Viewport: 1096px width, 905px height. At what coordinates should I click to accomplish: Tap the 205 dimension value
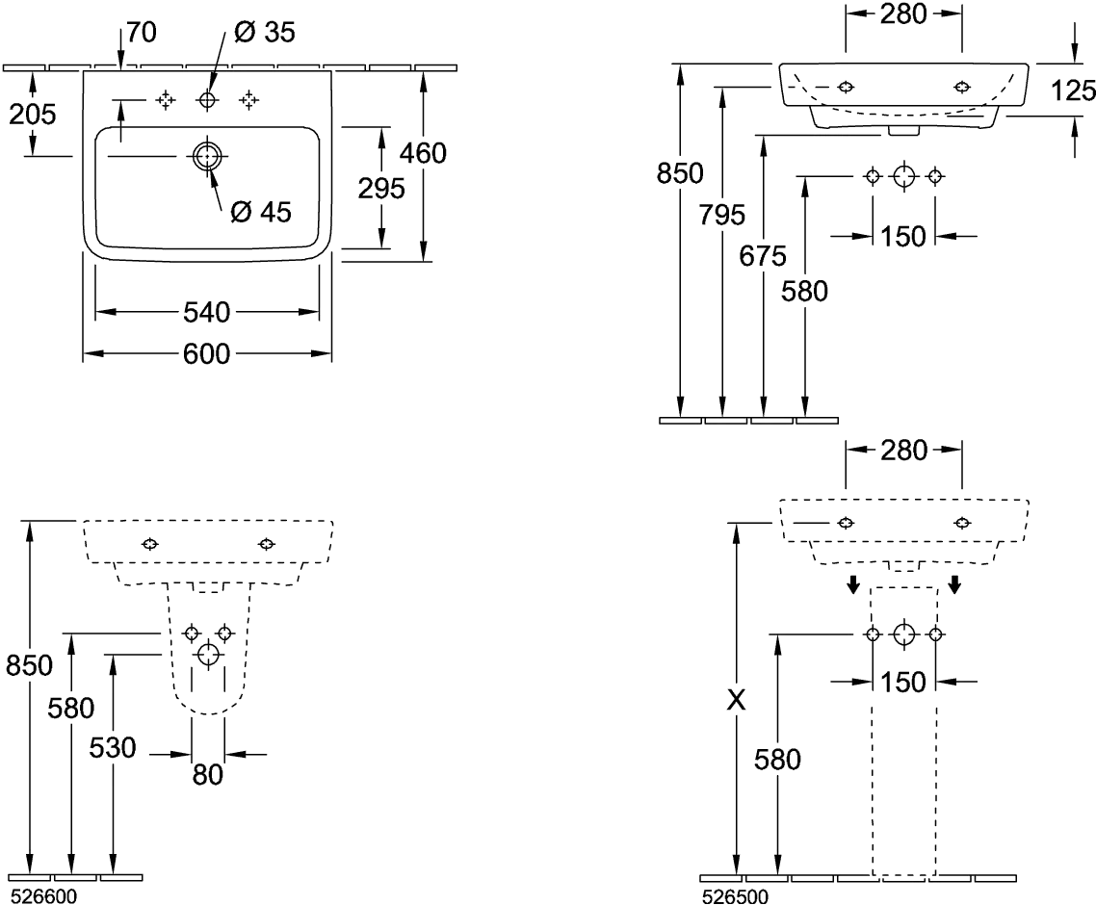coord(32,114)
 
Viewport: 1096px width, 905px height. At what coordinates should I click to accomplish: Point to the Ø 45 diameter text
coord(262,212)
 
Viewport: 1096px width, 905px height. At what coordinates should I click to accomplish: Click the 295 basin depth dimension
coord(381,189)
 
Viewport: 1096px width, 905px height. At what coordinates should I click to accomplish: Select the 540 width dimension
coord(207,312)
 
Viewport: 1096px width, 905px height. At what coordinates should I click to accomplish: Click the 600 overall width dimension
coord(207,354)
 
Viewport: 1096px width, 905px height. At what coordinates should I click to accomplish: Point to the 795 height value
coord(722,215)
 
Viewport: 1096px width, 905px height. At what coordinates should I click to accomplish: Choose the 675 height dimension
coord(763,256)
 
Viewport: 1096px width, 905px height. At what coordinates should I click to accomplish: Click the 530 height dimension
coord(113,747)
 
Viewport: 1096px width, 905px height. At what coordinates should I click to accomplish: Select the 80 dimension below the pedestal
coord(208,773)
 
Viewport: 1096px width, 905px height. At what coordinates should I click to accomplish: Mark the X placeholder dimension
coord(736,700)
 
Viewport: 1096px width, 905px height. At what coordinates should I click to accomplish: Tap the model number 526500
coord(735,896)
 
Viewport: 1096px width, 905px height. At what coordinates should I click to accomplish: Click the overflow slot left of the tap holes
coord(126,99)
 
